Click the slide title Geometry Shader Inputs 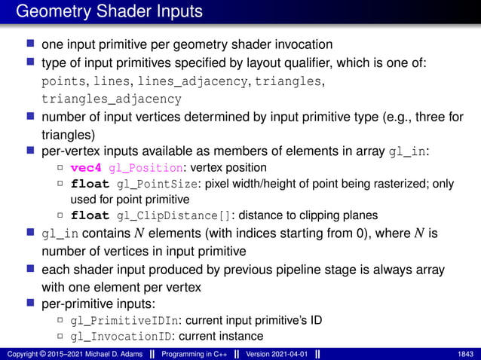coord(109,12)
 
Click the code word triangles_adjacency coord(112,99)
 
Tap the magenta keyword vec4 coord(87,166)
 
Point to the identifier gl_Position coord(145,166)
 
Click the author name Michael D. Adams coord(98,354)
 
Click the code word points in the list coord(63,81)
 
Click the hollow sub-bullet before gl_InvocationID coord(60,336)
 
